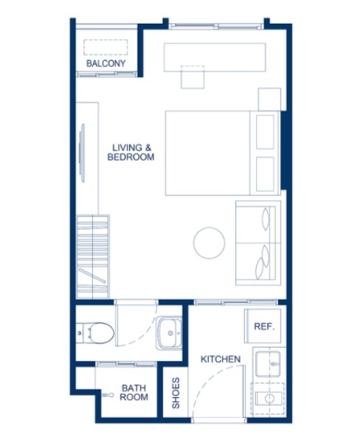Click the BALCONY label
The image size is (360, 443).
point(105,64)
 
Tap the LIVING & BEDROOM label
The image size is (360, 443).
point(131,152)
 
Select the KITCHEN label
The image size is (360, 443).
point(221,360)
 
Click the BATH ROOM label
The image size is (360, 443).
point(134,392)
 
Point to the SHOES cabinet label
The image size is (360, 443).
point(176,394)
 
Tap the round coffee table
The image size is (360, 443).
point(209,241)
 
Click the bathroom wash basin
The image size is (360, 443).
point(169,334)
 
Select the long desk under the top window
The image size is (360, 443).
point(214,56)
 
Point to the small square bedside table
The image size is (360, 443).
point(270,99)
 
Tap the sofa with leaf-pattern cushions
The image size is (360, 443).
point(257,241)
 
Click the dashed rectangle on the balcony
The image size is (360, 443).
point(106,47)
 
